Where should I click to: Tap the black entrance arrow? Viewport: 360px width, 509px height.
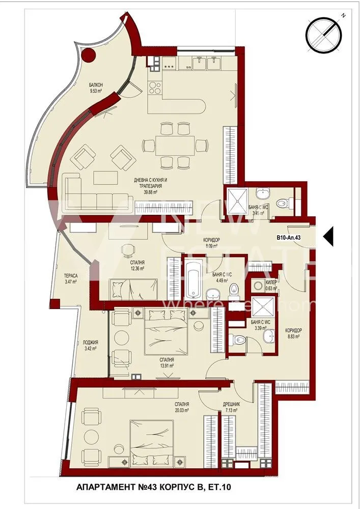tap(328, 237)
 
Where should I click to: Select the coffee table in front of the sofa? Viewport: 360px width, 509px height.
tap(105, 177)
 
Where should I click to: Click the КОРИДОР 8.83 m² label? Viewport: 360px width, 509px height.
tap(293, 333)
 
